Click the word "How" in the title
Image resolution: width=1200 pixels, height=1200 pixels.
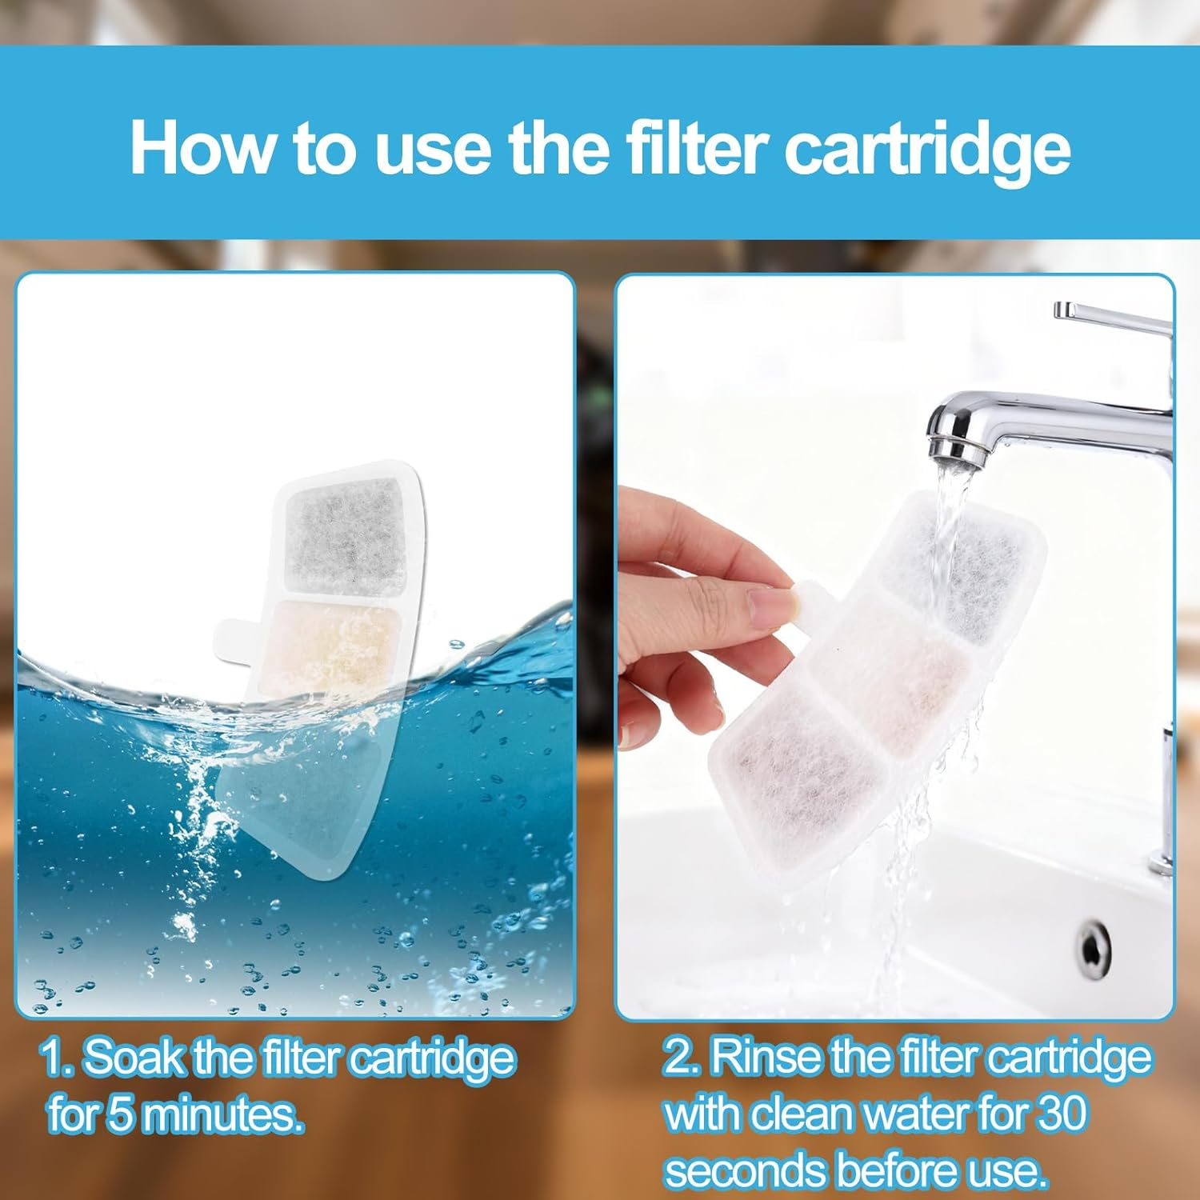click(202, 148)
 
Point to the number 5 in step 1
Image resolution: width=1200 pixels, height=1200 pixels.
click(119, 1114)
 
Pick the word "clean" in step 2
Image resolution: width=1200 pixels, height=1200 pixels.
click(807, 1114)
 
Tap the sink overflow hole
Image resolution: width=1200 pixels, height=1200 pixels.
click(1093, 946)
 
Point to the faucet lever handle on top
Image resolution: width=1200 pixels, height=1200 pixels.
click(1112, 317)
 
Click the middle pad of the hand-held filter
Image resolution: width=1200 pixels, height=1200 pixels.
click(896, 668)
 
